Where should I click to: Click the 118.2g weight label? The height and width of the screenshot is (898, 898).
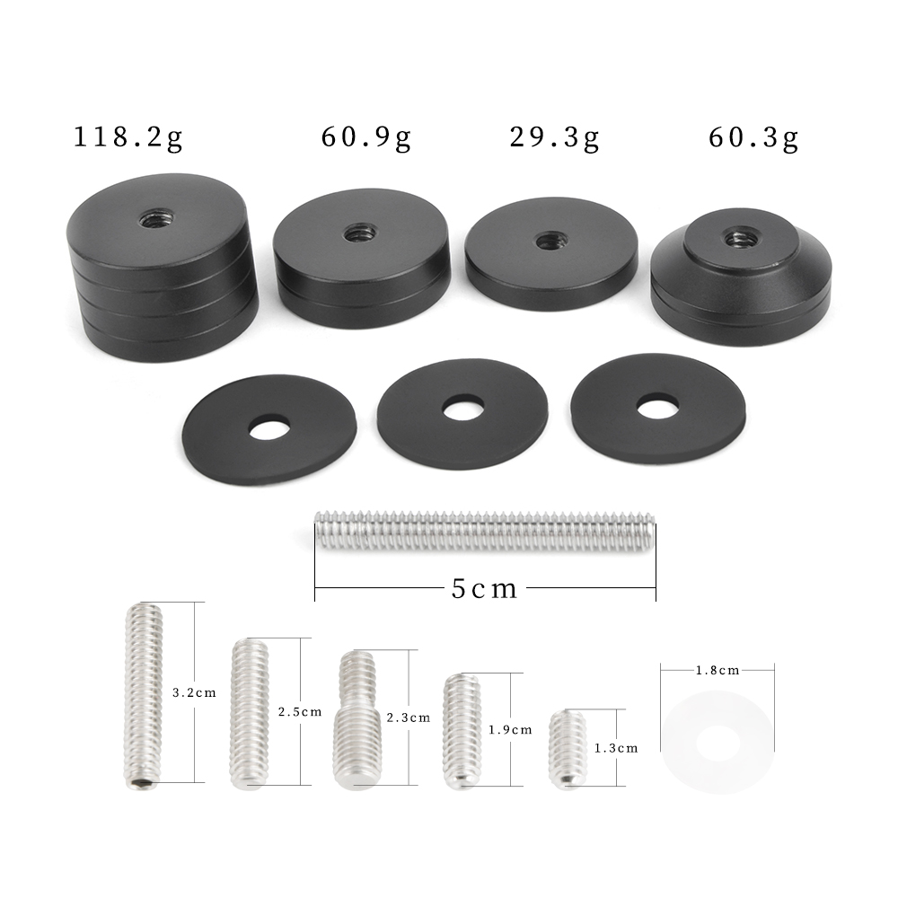(x=128, y=138)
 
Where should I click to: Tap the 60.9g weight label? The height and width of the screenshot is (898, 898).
(x=365, y=138)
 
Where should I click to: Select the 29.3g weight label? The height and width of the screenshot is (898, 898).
(x=554, y=138)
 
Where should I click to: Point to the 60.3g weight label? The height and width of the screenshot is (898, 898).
(x=753, y=138)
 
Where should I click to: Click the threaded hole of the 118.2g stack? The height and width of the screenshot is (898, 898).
(x=156, y=217)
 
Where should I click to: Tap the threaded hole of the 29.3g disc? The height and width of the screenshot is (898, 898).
(x=550, y=241)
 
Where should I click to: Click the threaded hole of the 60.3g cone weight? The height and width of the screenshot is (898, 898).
(x=741, y=238)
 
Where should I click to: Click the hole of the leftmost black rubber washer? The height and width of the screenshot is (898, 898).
(x=269, y=427)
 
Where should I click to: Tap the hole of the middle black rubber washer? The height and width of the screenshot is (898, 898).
(x=463, y=409)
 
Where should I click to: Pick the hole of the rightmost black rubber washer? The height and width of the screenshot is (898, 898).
(x=657, y=407)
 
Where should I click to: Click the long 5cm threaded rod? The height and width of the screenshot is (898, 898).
(x=485, y=531)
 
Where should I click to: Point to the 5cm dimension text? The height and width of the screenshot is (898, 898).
(x=485, y=589)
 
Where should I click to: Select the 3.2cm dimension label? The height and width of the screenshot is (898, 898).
(x=194, y=692)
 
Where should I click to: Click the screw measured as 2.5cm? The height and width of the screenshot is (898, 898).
(x=249, y=714)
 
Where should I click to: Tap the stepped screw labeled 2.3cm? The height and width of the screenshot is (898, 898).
(x=358, y=720)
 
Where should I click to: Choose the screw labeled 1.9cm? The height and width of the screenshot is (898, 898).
(x=463, y=732)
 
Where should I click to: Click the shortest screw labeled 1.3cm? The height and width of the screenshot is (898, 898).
(x=568, y=750)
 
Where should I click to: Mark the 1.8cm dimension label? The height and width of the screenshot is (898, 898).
(x=717, y=670)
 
